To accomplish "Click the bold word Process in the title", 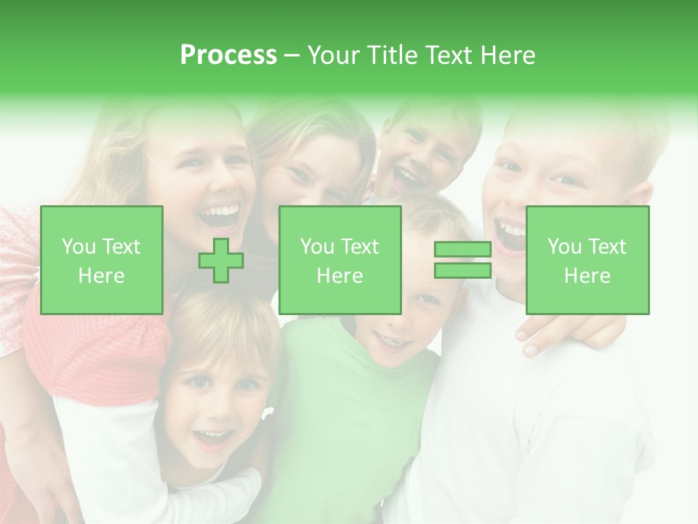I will (228, 55).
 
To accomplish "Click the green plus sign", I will (221, 261).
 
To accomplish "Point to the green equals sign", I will (462, 260).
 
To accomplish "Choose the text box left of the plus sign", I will (102, 261).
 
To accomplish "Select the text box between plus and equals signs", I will (340, 261).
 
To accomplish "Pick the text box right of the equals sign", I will (587, 261).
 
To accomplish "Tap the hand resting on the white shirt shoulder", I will (560, 331).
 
